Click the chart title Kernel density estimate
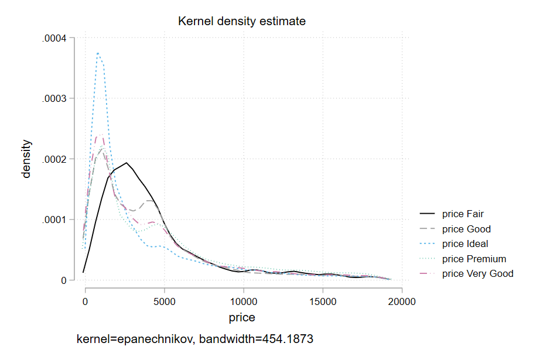[x=242, y=22]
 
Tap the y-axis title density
[x=26, y=159]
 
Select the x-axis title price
[x=242, y=318]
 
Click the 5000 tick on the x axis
[x=164, y=303]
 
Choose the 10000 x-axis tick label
[x=243, y=303]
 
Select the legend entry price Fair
[x=463, y=214]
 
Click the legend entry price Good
[x=466, y=229]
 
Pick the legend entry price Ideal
[x=465, y=244]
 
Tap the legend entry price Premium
[x=474, y=259]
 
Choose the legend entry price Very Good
[x=477, y=273]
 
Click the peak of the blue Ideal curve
[x=98, y=53]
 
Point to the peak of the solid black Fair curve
[x=126, y=163]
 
